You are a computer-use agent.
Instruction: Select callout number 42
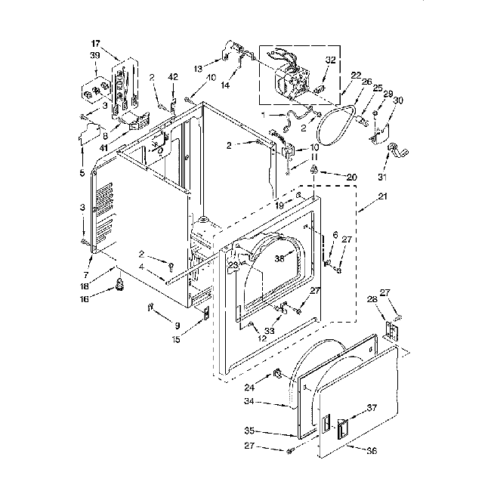[173, 78]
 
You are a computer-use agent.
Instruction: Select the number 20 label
[330, 177]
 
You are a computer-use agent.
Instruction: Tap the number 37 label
[371, 408]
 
